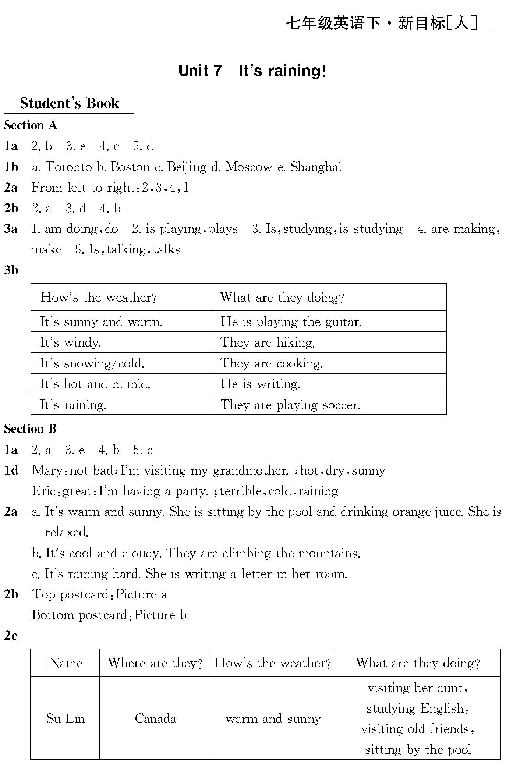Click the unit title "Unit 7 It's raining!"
(252, 71)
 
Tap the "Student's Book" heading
(69, 103)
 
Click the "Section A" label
(31, 125)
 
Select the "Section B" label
(31, 429)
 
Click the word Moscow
(248, 167)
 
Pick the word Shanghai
(316, 167)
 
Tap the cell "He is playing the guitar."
(291, 322)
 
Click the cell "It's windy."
(71, 342)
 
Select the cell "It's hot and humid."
(95, 384)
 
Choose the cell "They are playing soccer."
(290, 405)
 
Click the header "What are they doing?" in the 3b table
(282, 298)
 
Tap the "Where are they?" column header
(155, 663)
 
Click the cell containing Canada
(155, 718)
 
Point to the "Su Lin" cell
(66, 718)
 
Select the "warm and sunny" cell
(273, 718)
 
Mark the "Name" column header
(66, 663)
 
